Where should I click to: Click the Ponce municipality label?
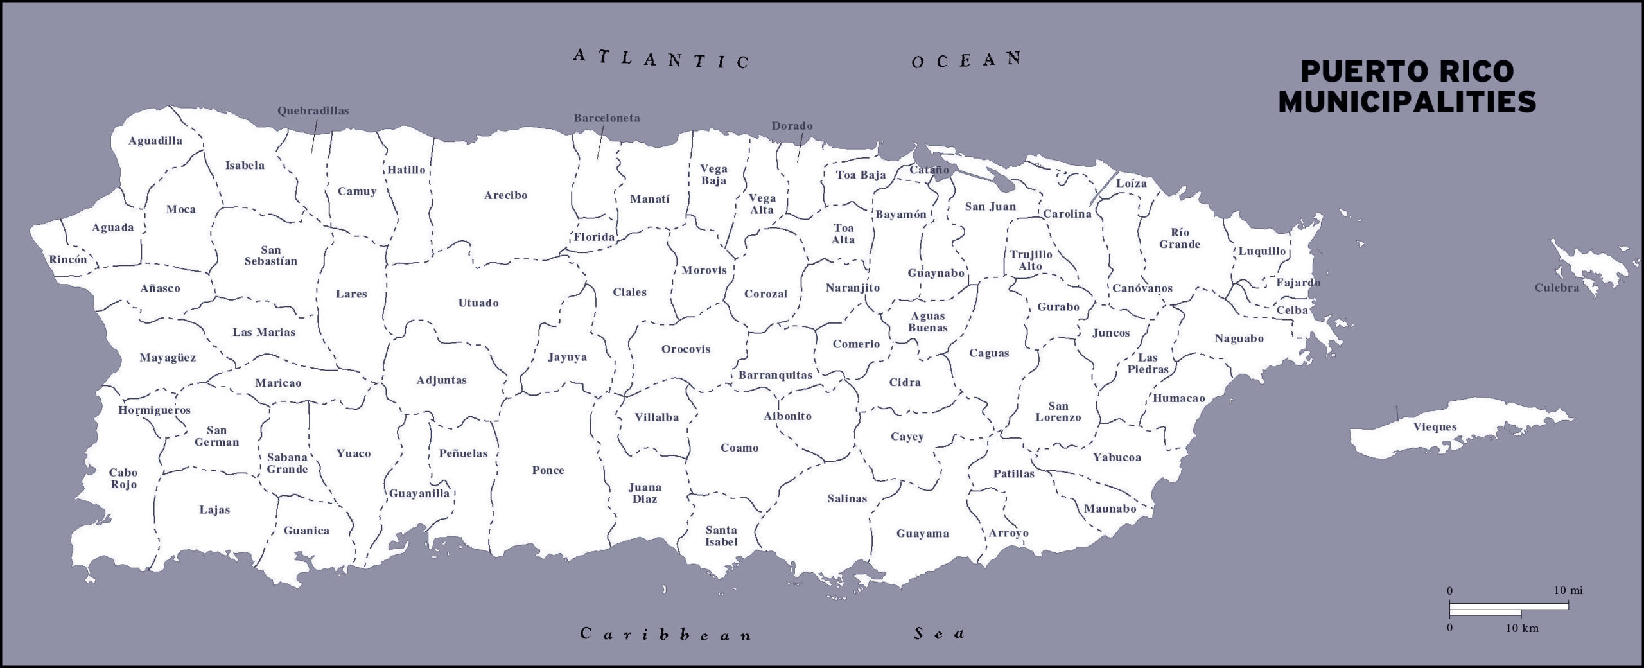548,470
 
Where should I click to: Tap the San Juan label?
990,207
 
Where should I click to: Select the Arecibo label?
505,195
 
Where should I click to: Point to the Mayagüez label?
168,358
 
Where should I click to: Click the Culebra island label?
1557,288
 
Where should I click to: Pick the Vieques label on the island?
1435,427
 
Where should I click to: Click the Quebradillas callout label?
313,111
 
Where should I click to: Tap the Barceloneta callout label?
606,118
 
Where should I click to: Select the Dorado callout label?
792,126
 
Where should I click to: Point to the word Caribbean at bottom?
665,635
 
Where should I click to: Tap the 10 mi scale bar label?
1568,590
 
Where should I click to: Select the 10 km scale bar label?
1521,628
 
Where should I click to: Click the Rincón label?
67,260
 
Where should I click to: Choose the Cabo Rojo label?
123,479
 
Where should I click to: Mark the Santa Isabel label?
721,536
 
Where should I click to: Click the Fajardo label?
1298,283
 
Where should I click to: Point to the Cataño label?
929,170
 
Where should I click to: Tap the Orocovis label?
685,349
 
